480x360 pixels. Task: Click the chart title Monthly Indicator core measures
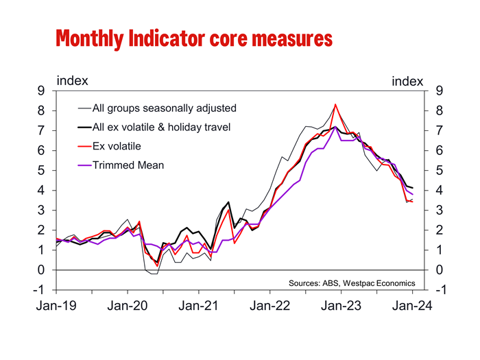(194, 38)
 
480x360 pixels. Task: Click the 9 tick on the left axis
(42, 91)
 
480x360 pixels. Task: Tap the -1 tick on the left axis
(40, 290)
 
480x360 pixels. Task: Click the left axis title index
(72, 80)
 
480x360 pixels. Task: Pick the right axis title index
(407, 81)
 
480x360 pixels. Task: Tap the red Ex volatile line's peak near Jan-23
(335, 105)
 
